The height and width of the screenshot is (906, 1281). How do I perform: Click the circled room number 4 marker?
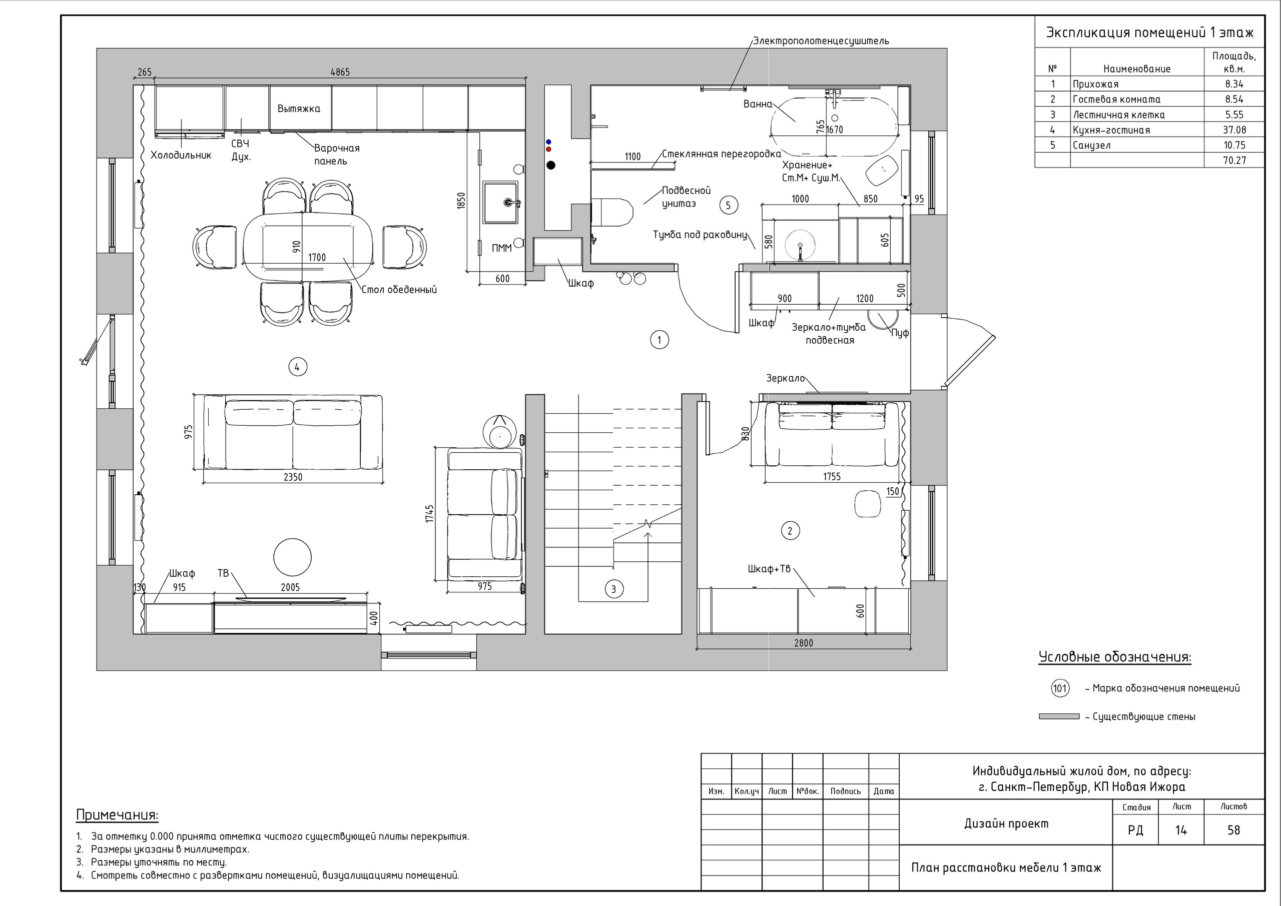(x=297, y=367)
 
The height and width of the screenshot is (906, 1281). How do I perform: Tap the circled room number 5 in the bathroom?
(x=728, y=205)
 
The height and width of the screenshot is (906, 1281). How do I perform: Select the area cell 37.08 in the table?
(x=1234, y=130)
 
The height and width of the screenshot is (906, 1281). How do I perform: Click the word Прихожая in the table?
(x=1095, y=84)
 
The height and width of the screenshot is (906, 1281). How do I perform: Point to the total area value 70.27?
(x=1234, y=161)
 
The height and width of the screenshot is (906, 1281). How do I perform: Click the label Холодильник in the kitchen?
(x=181, y=155)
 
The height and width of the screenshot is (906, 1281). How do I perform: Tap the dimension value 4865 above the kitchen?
(x=340, y=72)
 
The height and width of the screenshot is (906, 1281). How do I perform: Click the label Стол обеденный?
(x=399, y=290)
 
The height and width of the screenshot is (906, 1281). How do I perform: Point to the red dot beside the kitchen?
(x=548, y=150)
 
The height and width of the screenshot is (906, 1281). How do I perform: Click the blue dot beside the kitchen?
(x=548, y=142)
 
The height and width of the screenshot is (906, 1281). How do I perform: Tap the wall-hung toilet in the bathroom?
(x=611, y=212)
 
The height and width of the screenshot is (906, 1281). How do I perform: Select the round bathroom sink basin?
(x=800, y=244)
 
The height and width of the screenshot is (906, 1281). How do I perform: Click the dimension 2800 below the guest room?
(x=804, y=643)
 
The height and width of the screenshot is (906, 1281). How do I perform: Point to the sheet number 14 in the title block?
(x=1180, y=830)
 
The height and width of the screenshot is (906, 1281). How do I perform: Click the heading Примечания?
(x=117, y=815)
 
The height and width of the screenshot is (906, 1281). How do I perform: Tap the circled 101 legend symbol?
(x=1060, y=688)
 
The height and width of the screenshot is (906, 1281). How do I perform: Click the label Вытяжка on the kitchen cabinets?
(x=299, y=108)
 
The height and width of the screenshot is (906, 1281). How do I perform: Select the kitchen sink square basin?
(x=500, y=202)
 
